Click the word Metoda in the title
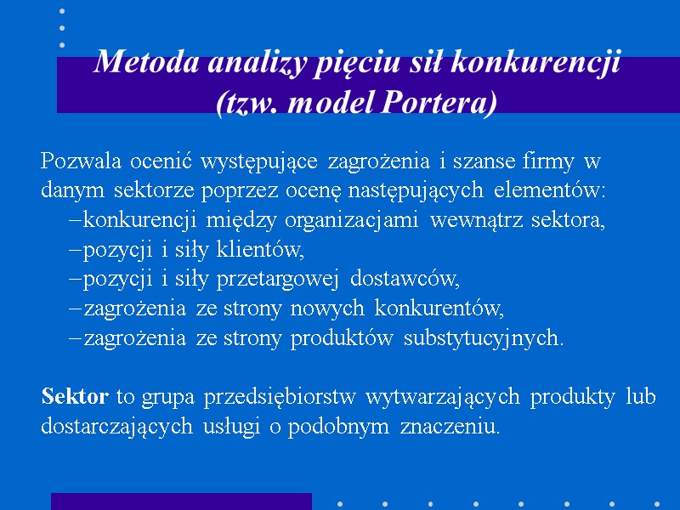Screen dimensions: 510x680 (x=135, y=64)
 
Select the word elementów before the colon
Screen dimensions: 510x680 (x=549, y=190)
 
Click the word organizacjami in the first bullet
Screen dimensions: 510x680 (x=351, y=221)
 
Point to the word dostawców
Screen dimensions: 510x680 (x=405, y=279)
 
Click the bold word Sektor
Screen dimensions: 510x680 (x=75, y=396)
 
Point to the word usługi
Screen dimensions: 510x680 (x=232, y=427)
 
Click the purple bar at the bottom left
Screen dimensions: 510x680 (x=181, y=501)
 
